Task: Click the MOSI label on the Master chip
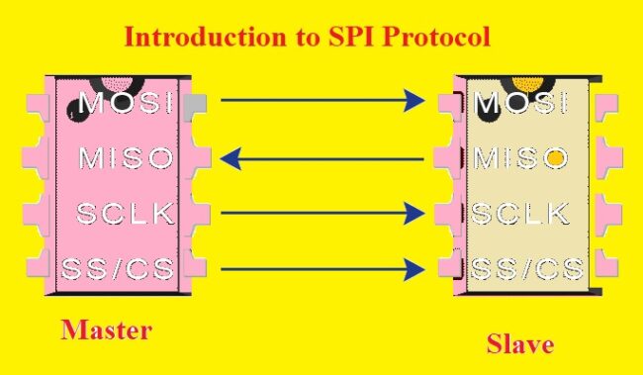click(126, 102)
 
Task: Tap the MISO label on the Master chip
click(126, 157)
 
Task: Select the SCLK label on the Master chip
click(126, 212)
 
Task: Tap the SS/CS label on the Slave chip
click(525, 268)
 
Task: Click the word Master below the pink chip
click(106, 329)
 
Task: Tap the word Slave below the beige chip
click(520, 345)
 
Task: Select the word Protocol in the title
click(441, 40)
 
